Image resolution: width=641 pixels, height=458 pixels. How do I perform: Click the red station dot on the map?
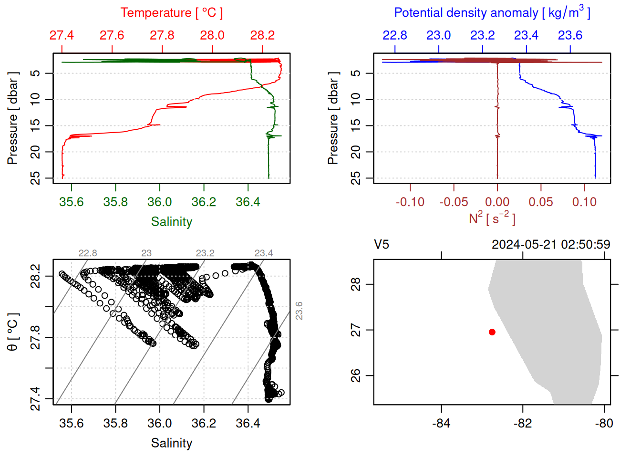click(492, 332)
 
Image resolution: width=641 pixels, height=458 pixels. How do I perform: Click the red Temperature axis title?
click(171, 13)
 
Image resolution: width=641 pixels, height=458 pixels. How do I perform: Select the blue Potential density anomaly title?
click(492, 12)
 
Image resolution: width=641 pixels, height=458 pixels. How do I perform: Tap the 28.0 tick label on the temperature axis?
click(212, 35)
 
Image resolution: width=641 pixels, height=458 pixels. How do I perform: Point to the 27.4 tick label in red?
click(62, 35)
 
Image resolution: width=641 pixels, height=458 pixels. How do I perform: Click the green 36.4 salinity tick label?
click(248, 202)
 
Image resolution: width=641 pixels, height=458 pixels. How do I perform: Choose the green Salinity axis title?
click(171, 222)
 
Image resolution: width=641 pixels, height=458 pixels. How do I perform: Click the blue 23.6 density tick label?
click(570, 35)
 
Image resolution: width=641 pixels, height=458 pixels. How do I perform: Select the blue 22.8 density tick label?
click(395, 35)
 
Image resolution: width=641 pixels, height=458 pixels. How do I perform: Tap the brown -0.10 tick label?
click(410, 202)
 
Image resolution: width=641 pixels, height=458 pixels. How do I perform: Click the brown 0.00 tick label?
click(497, 202)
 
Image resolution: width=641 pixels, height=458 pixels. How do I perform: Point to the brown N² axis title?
click(492, 218)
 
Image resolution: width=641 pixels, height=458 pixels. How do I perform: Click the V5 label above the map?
click(382, 245)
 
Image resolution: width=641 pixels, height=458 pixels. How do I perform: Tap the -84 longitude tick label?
click(441, 423)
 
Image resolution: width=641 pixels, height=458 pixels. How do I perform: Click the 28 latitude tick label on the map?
click(356, 284)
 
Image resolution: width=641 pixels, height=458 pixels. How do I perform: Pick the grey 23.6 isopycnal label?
click(299, 311)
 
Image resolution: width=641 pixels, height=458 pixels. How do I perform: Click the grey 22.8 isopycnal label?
click(88, 253)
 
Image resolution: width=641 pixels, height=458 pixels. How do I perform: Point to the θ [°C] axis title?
click(12, 332)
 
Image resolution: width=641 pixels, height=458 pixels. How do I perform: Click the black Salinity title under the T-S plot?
click(171, 443)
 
